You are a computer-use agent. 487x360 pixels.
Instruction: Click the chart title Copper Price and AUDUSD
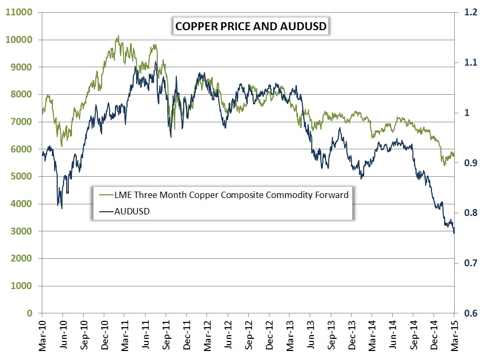(x=250, y=26)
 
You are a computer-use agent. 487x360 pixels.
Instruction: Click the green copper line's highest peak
(x=118, y=36)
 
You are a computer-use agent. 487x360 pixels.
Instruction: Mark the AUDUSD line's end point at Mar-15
(x=454, y=232)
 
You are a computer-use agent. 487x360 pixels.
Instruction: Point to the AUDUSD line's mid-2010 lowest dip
(x=62, y=208)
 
